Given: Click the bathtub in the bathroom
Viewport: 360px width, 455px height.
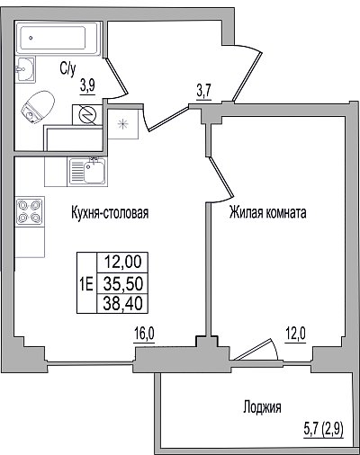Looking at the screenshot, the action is coord(58,38).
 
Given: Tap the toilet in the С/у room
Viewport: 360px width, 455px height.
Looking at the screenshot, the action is coord(38,107).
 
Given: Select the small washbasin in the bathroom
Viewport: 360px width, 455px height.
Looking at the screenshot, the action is coord(25,69).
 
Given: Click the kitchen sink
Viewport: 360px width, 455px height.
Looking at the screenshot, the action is coord(87,172).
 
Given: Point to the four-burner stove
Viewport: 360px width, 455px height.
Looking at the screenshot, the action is coord(30,211).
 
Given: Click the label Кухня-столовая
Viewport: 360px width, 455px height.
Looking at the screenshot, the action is coord(110,213).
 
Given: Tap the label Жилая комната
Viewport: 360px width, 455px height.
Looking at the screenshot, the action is coord(268,212).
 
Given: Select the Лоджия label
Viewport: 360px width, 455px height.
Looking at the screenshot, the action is coord(262,407).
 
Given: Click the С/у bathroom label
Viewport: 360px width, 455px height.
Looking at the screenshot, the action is coord(67,69).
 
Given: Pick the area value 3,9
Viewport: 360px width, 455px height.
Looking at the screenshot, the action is coord(87,86).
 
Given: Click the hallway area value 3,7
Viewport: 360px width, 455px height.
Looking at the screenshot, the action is coord(204,91).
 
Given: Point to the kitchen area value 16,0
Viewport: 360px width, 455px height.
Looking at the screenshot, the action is coord(144,334).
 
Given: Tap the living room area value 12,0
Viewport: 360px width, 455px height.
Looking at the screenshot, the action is coord(295,334).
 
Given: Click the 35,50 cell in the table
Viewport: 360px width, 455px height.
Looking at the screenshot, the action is coord(122,283).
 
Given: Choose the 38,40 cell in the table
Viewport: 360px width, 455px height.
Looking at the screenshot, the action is coord(122,304).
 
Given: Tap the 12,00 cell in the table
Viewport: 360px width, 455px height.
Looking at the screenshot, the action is coord(122,263).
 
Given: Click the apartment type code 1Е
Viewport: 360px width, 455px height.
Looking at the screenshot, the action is coord(86,283).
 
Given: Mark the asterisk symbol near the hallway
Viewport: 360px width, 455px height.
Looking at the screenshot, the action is coord(122,124).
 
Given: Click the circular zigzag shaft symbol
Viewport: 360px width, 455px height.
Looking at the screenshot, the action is coord(87,115).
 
